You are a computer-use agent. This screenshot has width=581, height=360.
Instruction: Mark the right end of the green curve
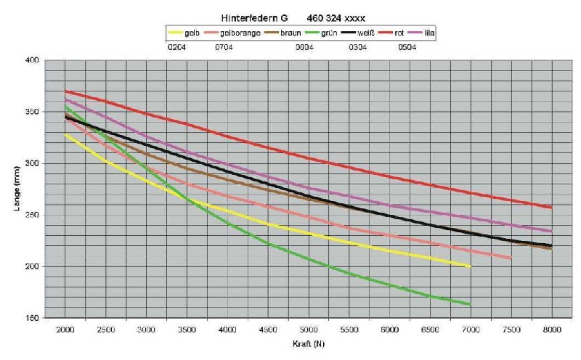pos(471,304)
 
